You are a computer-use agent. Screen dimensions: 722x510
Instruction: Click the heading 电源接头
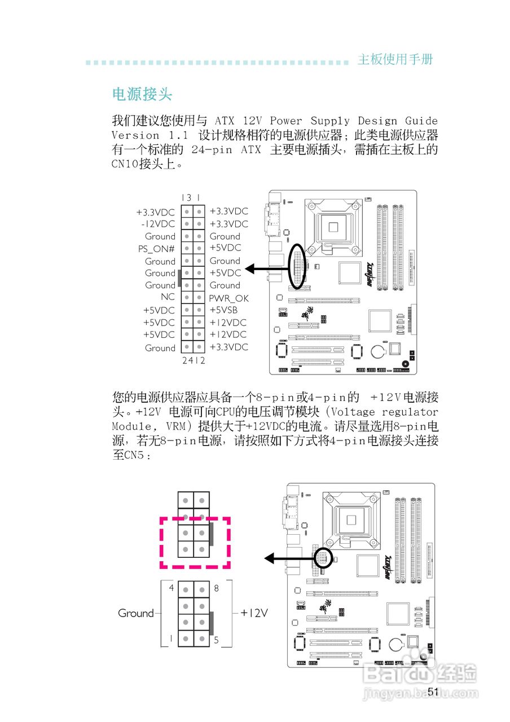pos(142,94)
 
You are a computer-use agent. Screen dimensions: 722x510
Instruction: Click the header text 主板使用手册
pos(395,60)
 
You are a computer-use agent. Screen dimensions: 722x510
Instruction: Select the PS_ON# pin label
pos(156,248)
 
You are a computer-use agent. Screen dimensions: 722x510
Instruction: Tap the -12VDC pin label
pos(158,224)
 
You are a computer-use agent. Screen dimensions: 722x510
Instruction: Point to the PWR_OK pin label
pos(228,298)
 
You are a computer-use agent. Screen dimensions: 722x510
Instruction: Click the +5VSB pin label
pos(223,310)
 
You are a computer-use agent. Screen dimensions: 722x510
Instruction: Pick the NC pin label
pos(168,297)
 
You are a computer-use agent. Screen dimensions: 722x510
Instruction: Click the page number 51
pos(433,692)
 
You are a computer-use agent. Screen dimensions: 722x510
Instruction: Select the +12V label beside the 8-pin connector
pos(254,613)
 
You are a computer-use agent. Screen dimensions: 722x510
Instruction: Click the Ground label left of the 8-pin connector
pos(135,613)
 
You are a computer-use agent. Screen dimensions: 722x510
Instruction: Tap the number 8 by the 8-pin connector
pos(217,588)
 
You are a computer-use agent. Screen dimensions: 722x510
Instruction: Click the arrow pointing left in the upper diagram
pos(267,270)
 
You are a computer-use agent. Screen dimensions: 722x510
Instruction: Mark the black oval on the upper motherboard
pos(297,266)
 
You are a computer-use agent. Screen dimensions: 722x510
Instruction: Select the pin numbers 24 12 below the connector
pos(193,360)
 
